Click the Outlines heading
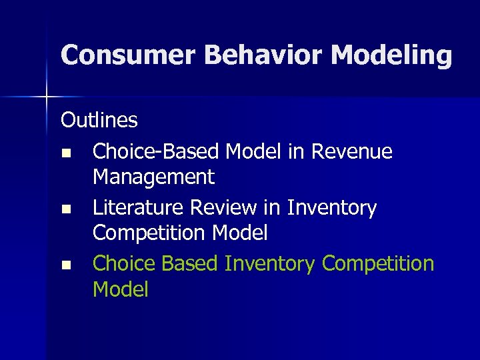[x=99, y=120]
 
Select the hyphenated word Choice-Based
[x=156, y=152]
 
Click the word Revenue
[x=351, y=152]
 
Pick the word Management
[x=153, y=177]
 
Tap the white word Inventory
[x=331, y=208]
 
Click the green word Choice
[x=123, y=264]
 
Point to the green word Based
[x=189, y=264]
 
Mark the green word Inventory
[x=269, y=264]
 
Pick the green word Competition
[x=377, y=264]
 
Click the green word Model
[x=121, y=289]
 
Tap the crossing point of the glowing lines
[x=47, y=97]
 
